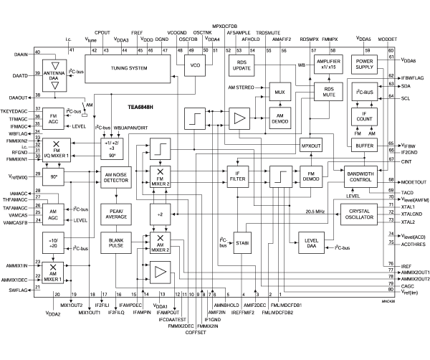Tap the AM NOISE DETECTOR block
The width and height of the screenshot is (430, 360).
click(116, 179)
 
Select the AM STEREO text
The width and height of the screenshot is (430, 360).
click(242, 87)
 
